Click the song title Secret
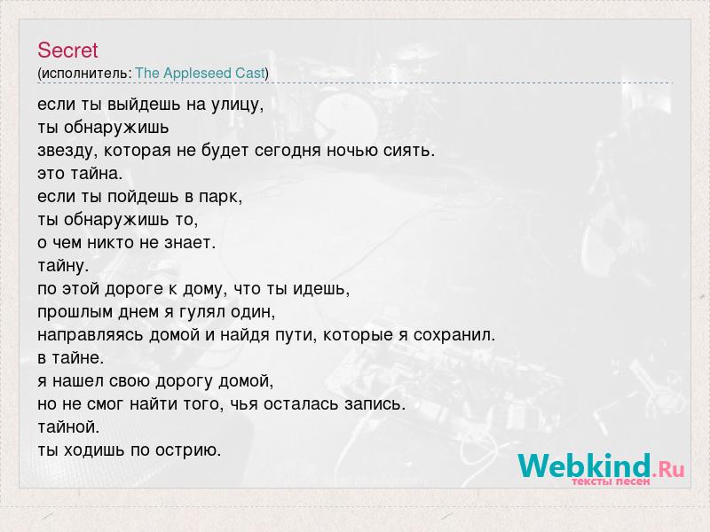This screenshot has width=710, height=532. coord(67,51)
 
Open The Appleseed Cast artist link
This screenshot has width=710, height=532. coord(200,74)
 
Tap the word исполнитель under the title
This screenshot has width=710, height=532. coord(85,74)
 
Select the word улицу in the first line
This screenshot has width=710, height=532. coord(235,106)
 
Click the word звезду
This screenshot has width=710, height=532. coord(66,151)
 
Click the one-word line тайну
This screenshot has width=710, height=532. coord(63,266)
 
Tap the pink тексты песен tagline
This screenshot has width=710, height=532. coord(611,481)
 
